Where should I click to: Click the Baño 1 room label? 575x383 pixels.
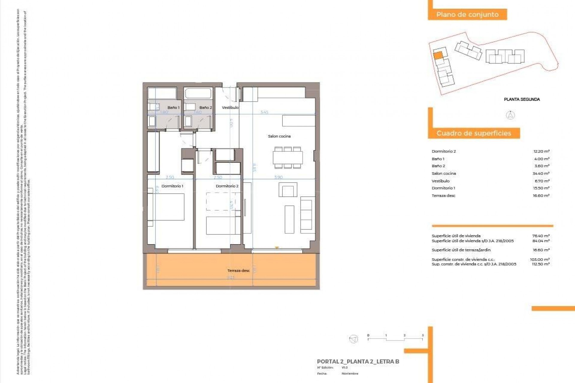tap(173, 107)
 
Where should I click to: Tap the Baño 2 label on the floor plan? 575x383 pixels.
tap(205, 107)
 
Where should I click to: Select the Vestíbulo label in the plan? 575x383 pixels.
tap(230, 107)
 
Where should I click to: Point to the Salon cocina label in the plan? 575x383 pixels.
tap(279, 136)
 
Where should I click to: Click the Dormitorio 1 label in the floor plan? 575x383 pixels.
tap(172, 186)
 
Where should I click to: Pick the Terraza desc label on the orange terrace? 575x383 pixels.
tap(238, 270)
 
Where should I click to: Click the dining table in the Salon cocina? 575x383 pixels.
tap(287, 157)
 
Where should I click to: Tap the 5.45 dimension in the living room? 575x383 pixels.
tap(264, 112)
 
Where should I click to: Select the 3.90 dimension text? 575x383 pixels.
tap(278, 177)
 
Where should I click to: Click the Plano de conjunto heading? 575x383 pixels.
tap(467, 14)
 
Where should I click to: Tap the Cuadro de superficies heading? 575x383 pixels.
tap(473, 133)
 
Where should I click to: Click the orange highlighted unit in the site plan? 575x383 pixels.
tap(438, 55)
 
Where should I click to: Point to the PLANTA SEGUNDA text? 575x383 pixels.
tap(522, 99)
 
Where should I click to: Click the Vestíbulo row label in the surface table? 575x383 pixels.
tap(441, 181)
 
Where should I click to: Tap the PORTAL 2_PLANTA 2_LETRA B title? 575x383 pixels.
tap(358, 361)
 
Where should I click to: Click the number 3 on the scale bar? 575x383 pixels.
tap(423, 335)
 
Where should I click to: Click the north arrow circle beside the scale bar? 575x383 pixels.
tap(354, 339)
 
